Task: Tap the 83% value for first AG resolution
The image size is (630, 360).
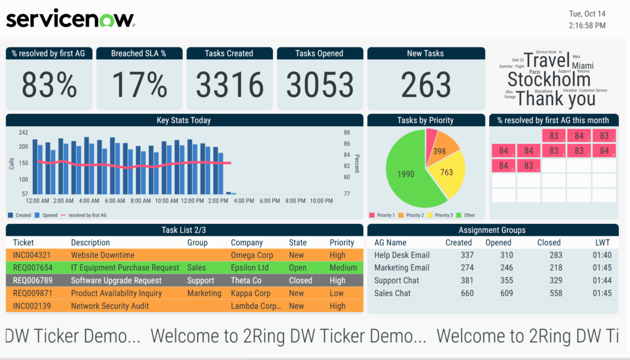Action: click(x=49, y=85)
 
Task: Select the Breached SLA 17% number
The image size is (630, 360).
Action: click(x=139, y=85)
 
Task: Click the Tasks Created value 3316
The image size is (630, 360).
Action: click(x=229, y=85)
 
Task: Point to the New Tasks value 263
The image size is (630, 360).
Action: click(x=426, y=85)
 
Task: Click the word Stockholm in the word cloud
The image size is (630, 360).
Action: click(x=548, y=79)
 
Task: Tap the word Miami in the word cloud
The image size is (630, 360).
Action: click(x=583, y=65)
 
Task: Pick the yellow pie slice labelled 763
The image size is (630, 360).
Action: click(x=447, y=173)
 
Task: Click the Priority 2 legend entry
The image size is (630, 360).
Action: click(x=411, y=215)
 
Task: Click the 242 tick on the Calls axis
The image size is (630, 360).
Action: click(x=23, y=132)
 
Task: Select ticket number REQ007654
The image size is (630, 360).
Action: click(x=33, y=268)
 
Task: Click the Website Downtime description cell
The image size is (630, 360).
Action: click(x=103, y=255)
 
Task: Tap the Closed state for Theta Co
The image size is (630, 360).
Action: click(x=301, y=280)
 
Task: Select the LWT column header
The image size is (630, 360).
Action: click(x=603, y=242)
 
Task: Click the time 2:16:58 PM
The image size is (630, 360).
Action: click(x=587, y=25)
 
